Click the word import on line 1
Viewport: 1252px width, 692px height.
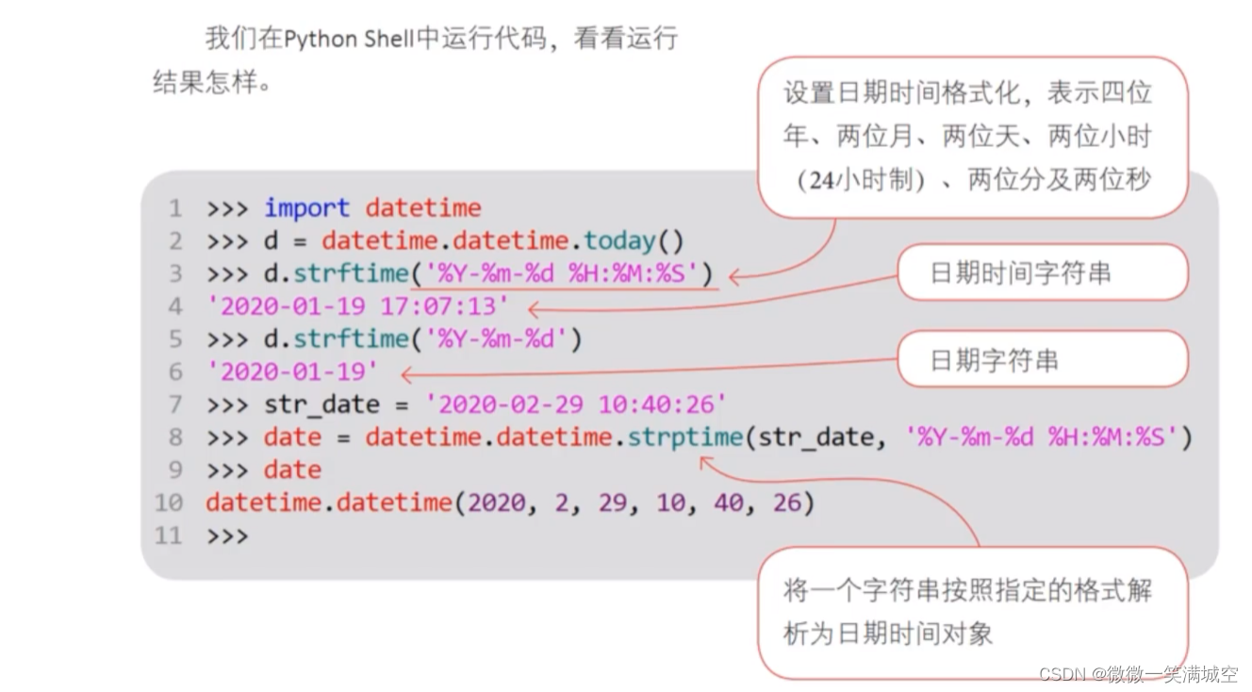point(306,208)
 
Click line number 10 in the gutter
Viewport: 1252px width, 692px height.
point(169,503)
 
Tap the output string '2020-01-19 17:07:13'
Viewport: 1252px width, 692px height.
point(358,306)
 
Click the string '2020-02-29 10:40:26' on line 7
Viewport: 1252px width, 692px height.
point(576,404)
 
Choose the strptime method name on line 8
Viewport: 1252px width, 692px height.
point(685,437)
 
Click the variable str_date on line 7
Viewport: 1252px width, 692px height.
point(321,405)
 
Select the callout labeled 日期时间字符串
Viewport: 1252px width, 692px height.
point(1020,273)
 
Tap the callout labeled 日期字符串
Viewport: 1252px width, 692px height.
point(994,360)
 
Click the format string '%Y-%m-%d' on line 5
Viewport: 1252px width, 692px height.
point(497,339)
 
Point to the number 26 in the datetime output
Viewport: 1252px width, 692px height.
point(786,503)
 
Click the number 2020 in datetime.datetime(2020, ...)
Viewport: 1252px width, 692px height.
point(495,503)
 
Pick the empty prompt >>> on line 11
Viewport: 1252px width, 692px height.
point(227,535)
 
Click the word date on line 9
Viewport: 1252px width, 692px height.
point(292,470)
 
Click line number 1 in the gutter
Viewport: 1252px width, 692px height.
point(175,208)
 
